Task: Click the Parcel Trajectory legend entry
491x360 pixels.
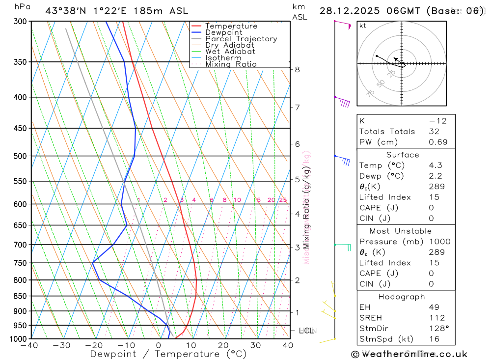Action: (x=241, y=39)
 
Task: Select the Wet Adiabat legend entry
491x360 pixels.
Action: (x=230, y=52)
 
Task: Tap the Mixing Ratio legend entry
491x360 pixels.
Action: (x=231, y=64)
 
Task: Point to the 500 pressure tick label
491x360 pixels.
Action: (x=20, y=156)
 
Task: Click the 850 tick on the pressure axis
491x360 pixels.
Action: (x=20, y=296)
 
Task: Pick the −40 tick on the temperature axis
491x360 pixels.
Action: (x=29, y=345)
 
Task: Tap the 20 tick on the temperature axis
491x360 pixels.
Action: (x=223, y=345)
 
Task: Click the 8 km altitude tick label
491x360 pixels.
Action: (x=297, y=70)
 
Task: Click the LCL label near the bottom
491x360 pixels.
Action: (x=306, y=331)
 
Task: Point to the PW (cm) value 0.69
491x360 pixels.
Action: (x=438, y=142)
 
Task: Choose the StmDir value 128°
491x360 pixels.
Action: (x=438, y=329)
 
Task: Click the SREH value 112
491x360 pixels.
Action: (x=436, y=318)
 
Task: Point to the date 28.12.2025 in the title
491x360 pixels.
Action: (x=353, y=11)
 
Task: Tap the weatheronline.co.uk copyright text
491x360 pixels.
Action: (x=409, y=354)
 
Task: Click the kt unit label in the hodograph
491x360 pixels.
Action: (x=363, y=26)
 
